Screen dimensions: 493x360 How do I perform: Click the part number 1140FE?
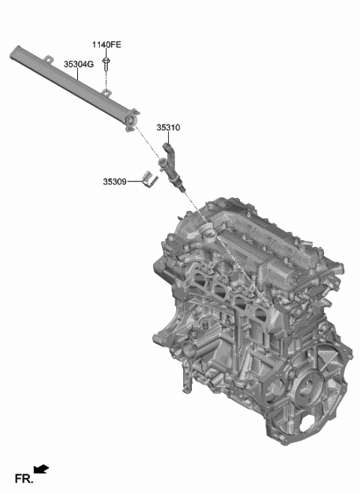click(106, 45)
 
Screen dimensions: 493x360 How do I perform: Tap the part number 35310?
click(168, 128)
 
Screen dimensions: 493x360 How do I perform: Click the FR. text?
click(22, 478)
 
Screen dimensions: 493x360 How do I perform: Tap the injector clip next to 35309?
click(148, 180)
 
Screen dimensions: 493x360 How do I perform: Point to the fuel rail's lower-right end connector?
click(133, 119)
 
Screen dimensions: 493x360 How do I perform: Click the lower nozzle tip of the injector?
click(182, 193)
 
